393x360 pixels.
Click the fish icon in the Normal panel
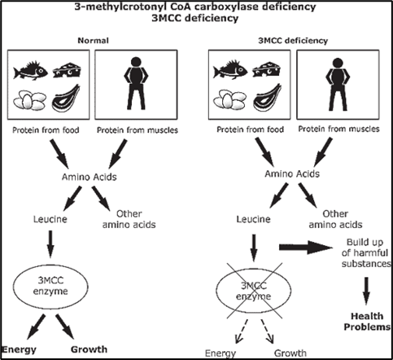30,72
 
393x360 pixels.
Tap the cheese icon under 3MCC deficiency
267,70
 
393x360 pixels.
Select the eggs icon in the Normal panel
29,100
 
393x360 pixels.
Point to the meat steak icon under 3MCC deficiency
267,98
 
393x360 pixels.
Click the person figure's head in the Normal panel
136,62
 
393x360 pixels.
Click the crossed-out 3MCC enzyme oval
253,291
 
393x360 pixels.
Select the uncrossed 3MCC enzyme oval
50,286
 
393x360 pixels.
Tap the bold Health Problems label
367,321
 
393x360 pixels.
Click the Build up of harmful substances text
366,252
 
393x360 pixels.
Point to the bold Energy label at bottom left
19,349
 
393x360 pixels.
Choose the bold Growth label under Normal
89,349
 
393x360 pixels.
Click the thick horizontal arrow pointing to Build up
306,247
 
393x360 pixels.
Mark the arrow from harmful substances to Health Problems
366,291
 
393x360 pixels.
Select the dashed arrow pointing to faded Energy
241,331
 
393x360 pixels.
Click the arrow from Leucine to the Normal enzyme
50,244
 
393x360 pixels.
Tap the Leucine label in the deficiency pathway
253,219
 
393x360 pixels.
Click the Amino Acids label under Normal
90,177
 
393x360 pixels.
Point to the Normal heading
93,41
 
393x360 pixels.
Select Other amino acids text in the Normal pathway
129,219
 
